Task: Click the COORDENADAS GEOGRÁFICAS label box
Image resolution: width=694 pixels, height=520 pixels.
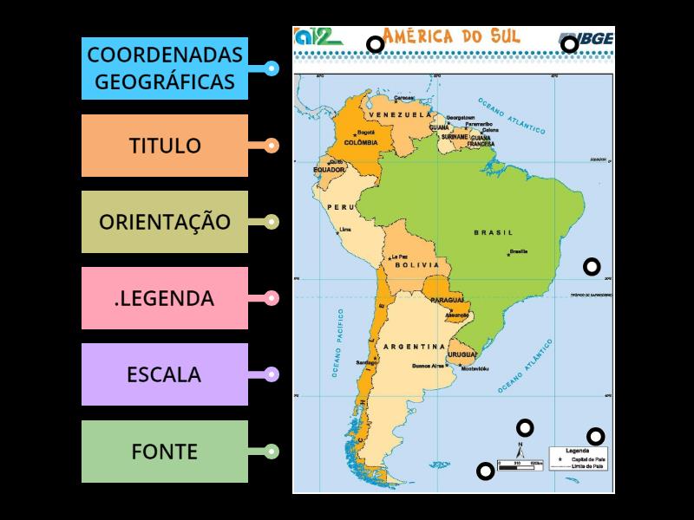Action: click(x=165, y=68)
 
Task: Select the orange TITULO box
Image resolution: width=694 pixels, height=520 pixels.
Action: click(x=165, y=145)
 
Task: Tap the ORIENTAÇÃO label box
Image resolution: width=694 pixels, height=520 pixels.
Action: click(x=165, y=221)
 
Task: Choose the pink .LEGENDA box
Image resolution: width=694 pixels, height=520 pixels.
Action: click(x=165, y=298)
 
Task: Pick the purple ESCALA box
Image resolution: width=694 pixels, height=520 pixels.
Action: click(x=165, y=374)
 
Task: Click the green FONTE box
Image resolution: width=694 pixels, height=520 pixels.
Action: click(x=165, y=451)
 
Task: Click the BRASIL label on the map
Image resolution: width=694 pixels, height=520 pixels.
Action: click(x=493, y=232)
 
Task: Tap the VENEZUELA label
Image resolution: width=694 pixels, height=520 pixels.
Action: click(x=400, y=114)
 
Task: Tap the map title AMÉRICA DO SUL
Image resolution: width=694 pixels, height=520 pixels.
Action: click(x=451, y=36)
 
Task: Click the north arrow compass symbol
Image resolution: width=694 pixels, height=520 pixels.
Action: click(x=520, y=451)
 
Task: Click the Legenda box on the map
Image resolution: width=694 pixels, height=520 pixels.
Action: click(x=577, y=458)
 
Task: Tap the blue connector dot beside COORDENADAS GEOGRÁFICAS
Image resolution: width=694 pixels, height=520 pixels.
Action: click(x=272, y=68)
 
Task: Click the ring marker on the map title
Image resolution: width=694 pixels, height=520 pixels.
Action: click(x=375, y=44)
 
